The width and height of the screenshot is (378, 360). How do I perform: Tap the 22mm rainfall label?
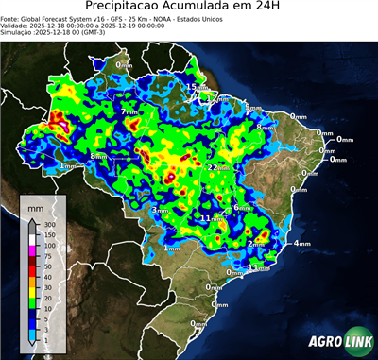click(218, 167)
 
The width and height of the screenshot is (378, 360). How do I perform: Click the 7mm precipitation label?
click(129, 111)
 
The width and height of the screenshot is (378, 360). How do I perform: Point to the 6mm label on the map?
click(240, 207)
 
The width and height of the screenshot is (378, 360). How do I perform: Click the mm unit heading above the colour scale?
click(36, 206)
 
